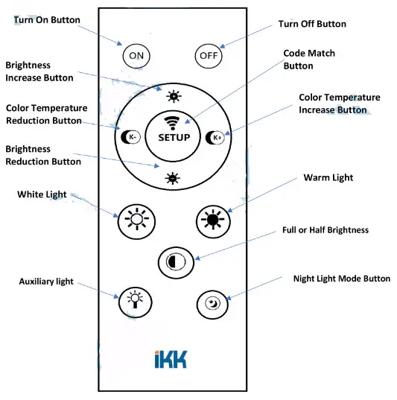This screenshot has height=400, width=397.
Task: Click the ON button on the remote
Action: tap(136, 55)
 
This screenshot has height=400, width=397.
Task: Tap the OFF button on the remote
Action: tap(208, 55)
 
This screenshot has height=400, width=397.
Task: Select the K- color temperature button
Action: tap(129, 137)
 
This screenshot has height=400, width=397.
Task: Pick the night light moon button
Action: tap(212, 303)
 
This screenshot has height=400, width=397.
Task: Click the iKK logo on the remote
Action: tap(172, 359)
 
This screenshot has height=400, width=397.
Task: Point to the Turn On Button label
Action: tap(46, 19)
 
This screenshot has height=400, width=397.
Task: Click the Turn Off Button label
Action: tap(312, 24)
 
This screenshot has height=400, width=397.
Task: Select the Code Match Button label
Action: tap(309, 60)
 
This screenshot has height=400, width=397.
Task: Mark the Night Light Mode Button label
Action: tap(342, 279)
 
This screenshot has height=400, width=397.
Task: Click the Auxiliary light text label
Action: tap(47, 281)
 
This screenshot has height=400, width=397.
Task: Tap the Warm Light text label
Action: tap(328, 178)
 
